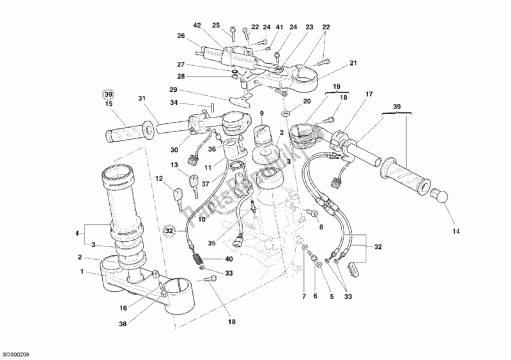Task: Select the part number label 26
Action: pyautogui.click(x=181, y=36)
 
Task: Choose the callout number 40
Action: pyautogui.click(x=229, y=259)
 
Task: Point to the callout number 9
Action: pyautogui.click(x=261, y=114)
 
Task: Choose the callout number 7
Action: pyautogui.click(x=303, y=297)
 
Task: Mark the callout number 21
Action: pyautogui.click(x=353, y=63)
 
